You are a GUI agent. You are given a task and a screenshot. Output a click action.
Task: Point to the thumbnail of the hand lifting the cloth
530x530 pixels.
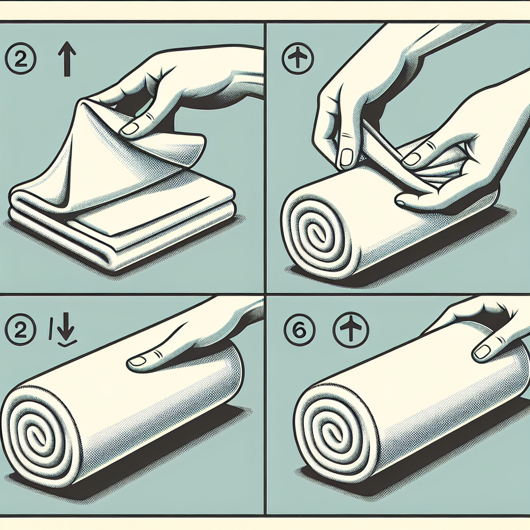[x=130, y=128]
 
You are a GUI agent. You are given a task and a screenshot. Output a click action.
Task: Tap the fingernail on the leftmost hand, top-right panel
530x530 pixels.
[x=346, y=158]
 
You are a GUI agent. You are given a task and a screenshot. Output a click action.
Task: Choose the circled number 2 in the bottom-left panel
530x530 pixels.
[x=20, y=329]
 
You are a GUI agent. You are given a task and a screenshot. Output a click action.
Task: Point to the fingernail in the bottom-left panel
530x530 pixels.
[x=138, y=362]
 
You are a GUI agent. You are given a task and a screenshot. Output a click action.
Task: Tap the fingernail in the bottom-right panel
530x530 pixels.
[x=482, y=352]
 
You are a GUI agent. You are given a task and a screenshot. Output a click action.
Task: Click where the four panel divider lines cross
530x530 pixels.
[x=266, y=295]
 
